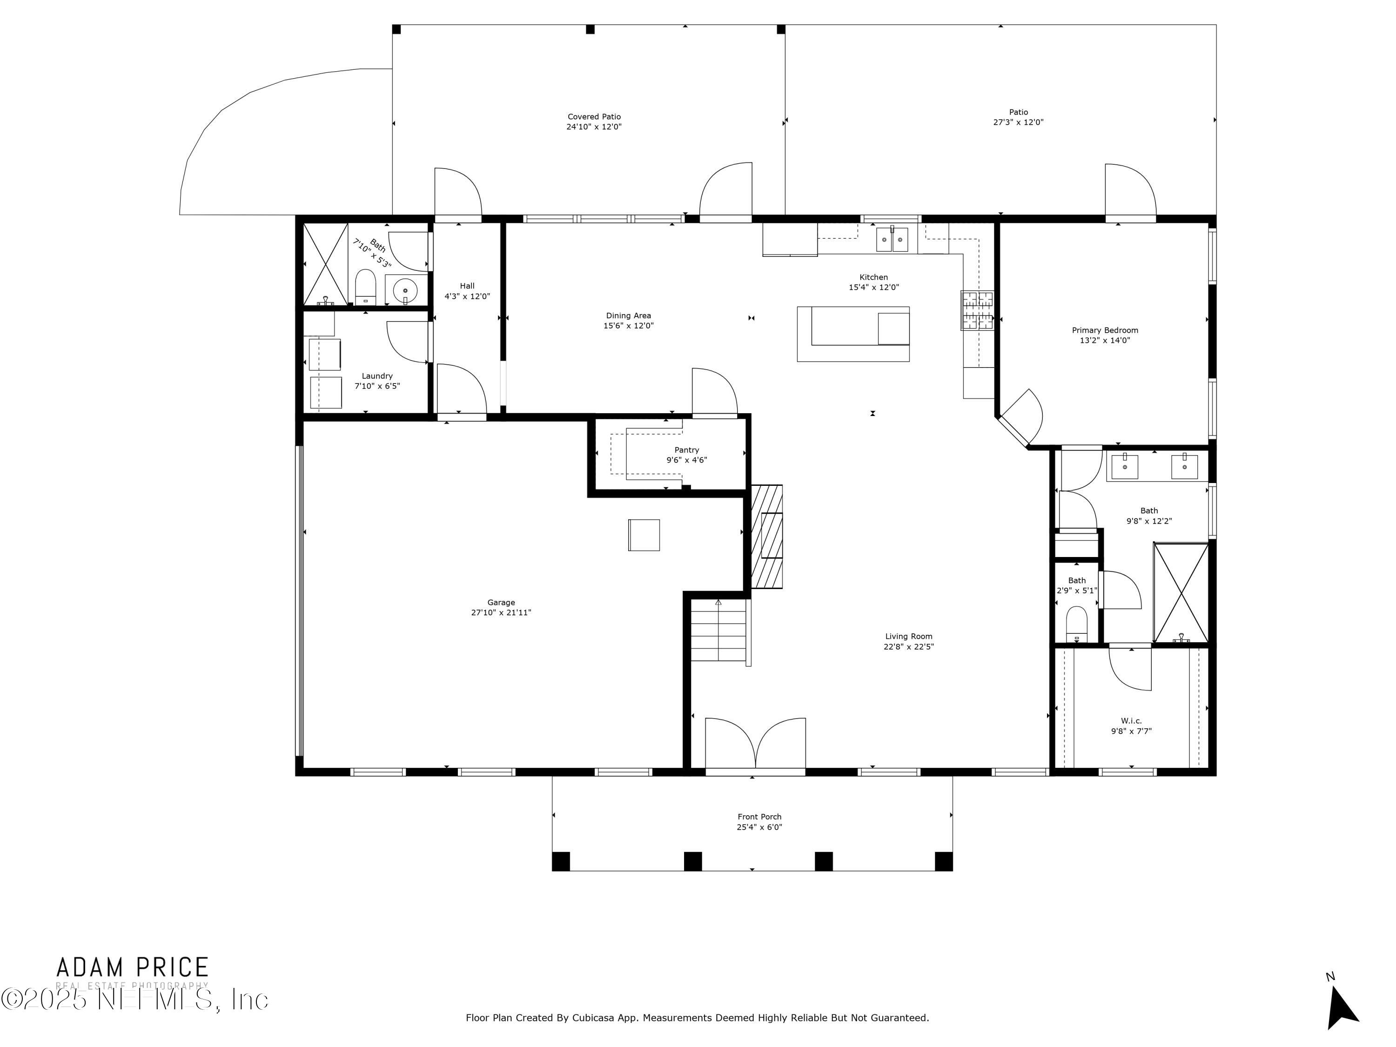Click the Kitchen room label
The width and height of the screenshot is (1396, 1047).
click(873, 277)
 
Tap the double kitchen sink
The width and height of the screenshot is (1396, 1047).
click(892, 239)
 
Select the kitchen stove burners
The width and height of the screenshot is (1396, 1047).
click(977, 310)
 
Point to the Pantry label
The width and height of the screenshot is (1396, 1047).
click(687, 450)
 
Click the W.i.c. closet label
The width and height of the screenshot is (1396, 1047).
click(1131, 721)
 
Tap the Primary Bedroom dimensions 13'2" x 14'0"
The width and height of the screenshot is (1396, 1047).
click(1104, 340)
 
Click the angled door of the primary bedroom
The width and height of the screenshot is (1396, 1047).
click(1021, 416)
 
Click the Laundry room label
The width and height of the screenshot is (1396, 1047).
click(377, 376)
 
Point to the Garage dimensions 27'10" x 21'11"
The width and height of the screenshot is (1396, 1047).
click(501, 612)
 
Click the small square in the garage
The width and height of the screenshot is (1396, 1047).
click(644, 535)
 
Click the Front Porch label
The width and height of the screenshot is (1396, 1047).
click(759, 817)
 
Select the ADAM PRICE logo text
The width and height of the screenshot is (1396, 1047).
click(133, 967)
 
